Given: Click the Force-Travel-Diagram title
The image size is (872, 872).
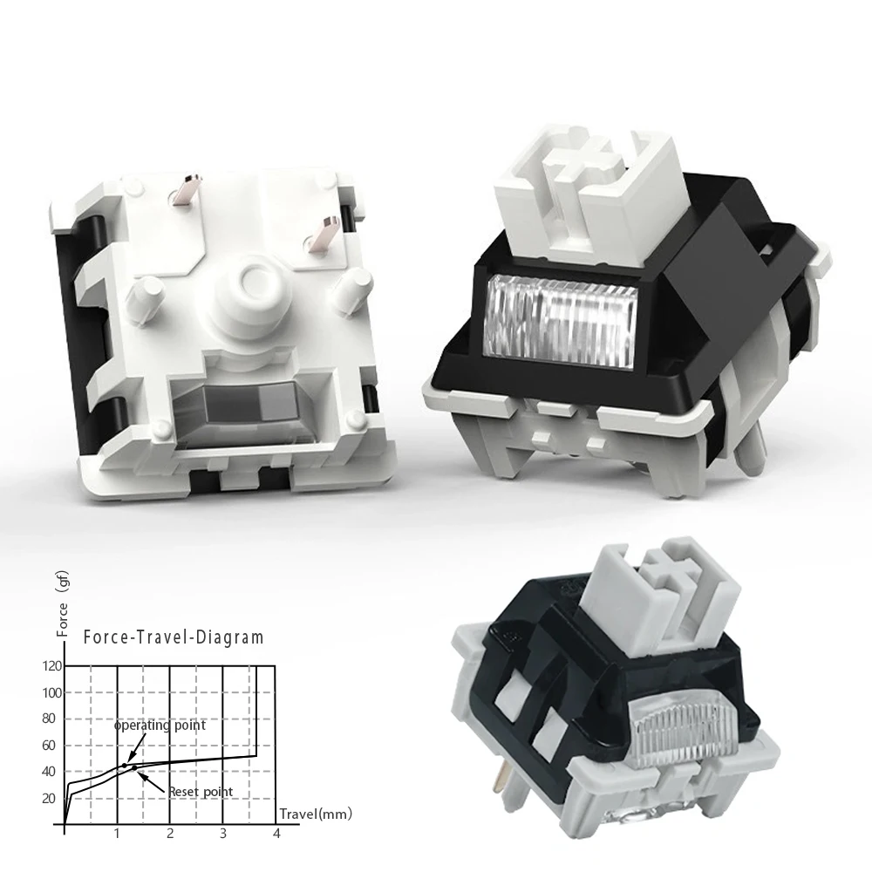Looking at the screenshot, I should (173, 638).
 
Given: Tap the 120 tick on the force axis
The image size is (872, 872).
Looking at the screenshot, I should (51, 666).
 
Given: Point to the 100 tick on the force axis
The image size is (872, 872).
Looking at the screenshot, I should (51, 692).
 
